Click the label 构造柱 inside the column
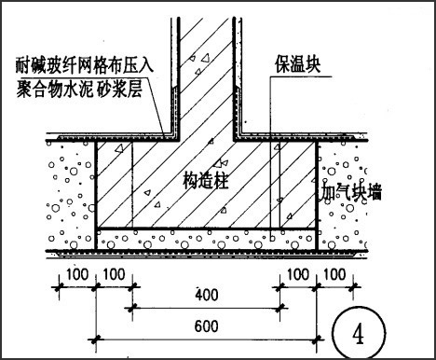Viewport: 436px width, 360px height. pos(205,181)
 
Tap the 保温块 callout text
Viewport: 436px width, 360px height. pos(297,64)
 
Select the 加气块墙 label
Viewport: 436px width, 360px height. pos(351,192)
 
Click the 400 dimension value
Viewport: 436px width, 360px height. pos(207,295)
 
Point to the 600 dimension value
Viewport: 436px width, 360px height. pos(207,326)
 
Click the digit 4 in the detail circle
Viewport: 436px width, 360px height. pos(359,333)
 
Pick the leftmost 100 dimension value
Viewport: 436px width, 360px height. pos(77,274)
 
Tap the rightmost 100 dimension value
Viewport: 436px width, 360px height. pos(334,274)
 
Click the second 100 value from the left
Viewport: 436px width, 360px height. pos(114,274)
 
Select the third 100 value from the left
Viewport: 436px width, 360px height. pos(298,274)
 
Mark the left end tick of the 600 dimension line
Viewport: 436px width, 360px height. pos(96,339)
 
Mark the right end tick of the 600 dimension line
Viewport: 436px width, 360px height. pos(317,339)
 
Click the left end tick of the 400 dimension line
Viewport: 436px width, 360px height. pos(132,309)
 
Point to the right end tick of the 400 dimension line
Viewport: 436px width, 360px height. pos(279,309)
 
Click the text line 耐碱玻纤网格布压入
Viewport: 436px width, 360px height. pos(85,64)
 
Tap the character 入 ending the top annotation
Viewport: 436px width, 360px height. pos(145,64)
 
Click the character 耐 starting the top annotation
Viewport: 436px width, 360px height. pos(24,64)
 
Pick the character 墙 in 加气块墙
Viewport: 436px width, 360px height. pos(375,192)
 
